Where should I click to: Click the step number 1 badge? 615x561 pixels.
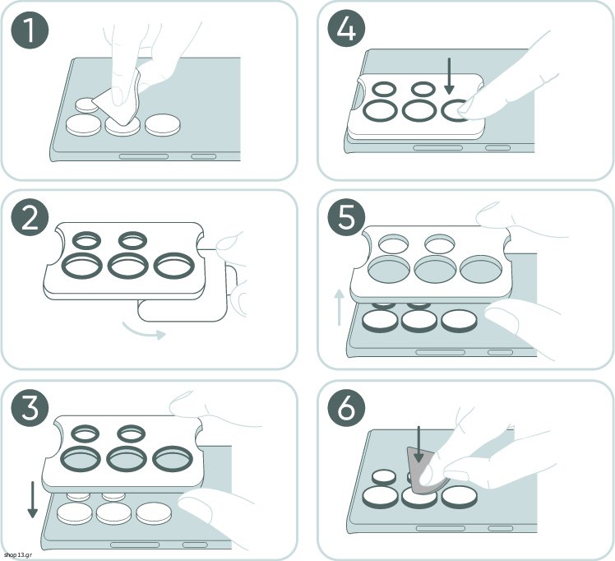point(30,30)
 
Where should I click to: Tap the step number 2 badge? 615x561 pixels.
point(30,220)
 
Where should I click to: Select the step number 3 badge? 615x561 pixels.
point(30,408)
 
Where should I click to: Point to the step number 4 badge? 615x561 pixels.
point(346,29)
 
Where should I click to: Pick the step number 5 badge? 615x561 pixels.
point(346,218)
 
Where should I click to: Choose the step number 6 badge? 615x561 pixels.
point(346,408)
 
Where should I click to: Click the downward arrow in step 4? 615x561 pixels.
point(450,76)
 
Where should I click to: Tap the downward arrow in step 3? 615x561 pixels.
point(33,500)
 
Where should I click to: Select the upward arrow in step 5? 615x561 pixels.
point(340,308)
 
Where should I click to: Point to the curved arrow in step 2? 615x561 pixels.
point(144,331)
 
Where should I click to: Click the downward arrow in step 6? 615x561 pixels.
point(418,444)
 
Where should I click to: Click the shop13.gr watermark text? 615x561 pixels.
point(18,555)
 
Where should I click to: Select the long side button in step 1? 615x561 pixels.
point(144,156)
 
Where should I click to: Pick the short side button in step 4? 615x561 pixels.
point(497,148)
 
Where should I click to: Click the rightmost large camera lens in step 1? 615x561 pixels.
point(163,125)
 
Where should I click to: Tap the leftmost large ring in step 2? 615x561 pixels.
point(83,266)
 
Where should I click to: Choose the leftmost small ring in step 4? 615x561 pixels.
point(384,90)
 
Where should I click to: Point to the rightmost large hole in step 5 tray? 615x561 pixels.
point(481,270)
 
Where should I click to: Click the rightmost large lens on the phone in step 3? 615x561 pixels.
point(154,512)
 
